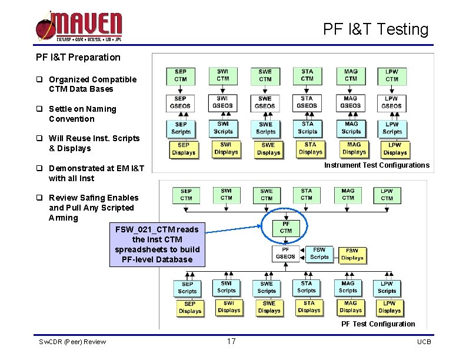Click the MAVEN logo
coord(79,27)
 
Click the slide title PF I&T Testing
coord(375,29)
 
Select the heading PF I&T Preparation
coord(78,57)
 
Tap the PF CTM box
coord(286,228)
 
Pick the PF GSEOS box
coord(286,254)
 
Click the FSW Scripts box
coord(319,254)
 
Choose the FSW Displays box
coord(352,254)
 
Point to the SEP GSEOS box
coord(181,102)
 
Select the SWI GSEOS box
coord(222,102)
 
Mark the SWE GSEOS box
coord(265,102)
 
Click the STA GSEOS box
coord(307,102)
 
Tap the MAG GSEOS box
coord(350,102)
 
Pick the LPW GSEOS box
coord(392,102)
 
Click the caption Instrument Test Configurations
coord(377,165)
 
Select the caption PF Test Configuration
coord(378,324)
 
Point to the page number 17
coord(231,342)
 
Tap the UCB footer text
coord(424,342)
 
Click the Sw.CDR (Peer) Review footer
coord(72,342)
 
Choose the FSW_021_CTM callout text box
coord(157,244)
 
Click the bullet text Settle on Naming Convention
coord(82,114)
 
